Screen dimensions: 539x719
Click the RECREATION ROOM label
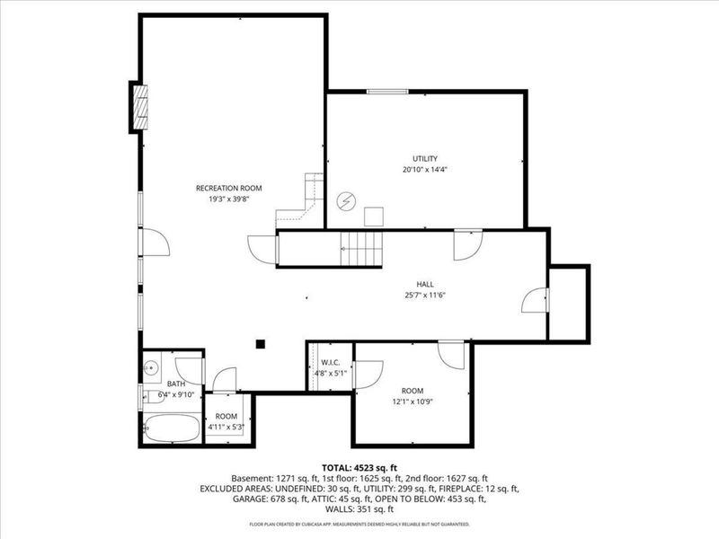point(228,188)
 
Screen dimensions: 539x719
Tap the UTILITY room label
point(425,158)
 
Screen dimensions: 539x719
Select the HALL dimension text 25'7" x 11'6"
point(425,295)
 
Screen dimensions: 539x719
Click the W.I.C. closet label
point(329,363)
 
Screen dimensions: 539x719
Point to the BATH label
point(175,384)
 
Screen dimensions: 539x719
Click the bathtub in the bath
point(172,427)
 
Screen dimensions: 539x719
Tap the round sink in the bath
point(151,367)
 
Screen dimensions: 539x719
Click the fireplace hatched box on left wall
point(139,107)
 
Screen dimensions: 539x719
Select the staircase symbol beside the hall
point(360,248)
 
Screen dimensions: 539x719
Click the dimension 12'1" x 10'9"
point(413,402)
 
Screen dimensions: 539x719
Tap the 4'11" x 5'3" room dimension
point(226,428)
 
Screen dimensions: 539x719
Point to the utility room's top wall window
point(386,91)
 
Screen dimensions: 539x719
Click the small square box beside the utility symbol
point(374,216)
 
